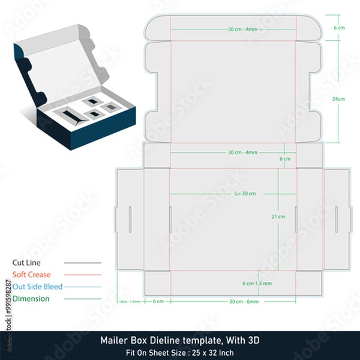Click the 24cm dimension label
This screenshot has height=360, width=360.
click(339, 98)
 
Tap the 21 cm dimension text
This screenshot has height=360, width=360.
click(278, 216)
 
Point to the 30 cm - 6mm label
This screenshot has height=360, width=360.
click(244, 301)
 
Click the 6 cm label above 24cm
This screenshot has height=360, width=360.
click(339, 28)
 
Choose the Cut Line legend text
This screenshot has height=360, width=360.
click(28, 263)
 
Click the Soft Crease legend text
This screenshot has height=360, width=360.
click(32, 275)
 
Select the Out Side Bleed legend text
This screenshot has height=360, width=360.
click(37, 287)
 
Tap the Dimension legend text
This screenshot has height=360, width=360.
click(31, 299)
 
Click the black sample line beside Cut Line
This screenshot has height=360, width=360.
click(82, 263)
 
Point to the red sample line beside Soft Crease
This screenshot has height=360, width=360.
click(82, 275)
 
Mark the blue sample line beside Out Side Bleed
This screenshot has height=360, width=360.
click(82, 287)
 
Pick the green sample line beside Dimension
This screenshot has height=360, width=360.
click(82, 299)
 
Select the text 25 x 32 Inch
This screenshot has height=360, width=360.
click(214, 352)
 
